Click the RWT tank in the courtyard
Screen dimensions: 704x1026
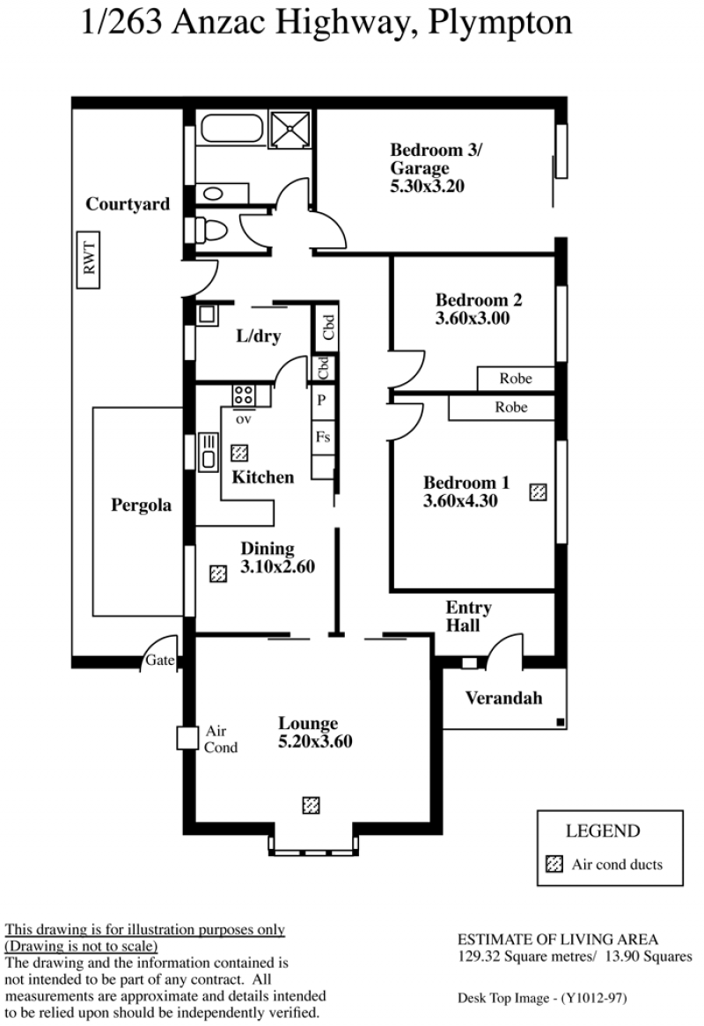coord(88,261)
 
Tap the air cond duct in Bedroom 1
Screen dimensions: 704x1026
coord(538,491)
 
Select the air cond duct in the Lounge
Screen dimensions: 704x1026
coord(312,805)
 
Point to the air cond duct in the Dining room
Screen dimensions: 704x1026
coord(217,574)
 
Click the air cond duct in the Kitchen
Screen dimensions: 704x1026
coord(240,452)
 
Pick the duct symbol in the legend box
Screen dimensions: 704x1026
coord(554,864)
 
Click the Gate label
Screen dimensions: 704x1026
coord(160,660)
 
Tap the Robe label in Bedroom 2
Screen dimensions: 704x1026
coord(516,378)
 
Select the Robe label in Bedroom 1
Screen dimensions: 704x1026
coord(511,407)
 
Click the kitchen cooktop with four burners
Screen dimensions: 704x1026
coord(243,395)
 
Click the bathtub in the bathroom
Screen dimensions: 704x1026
coord(231,129)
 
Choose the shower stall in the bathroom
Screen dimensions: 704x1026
coord(291,129)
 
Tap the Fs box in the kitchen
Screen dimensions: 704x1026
coord(323,437)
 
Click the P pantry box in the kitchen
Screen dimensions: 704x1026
coord(322,400)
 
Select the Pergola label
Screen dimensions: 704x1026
coord(141,506)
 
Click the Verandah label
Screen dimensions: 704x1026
coord(504,698)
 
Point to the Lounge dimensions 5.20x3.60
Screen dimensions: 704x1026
coord(315,742)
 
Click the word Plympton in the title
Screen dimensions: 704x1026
coord(500,24)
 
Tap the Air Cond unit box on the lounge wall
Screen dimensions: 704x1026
coord(187,738)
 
